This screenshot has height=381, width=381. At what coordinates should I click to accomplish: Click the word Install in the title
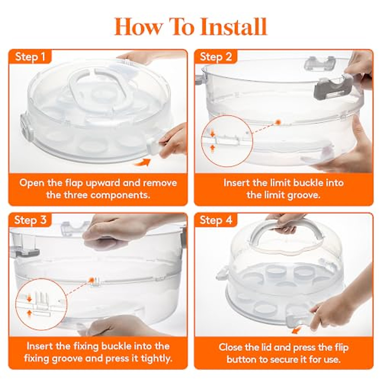234,27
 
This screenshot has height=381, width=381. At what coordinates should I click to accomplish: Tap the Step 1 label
30,57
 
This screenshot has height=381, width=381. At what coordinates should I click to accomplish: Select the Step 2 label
216,57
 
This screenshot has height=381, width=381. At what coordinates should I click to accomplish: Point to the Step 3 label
30,220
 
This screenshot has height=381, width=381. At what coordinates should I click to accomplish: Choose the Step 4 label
216,220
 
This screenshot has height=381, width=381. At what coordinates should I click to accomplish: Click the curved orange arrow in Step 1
142,163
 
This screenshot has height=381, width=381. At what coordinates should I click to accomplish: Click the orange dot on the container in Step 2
278,122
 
